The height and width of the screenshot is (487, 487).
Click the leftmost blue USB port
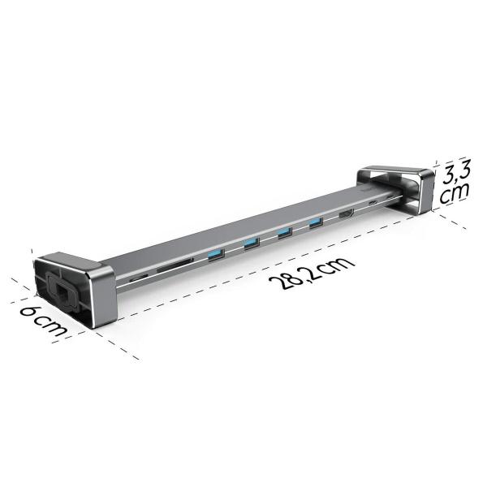[214, 256]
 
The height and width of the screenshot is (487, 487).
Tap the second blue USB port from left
[250, 243]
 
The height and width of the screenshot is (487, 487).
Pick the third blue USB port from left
[284, 233]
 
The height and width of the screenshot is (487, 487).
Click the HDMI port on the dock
[345, 213]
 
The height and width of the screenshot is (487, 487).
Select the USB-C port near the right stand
[373, 204]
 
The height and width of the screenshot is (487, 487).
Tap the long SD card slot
[175, 265]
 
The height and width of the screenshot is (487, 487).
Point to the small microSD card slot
[139, 277]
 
